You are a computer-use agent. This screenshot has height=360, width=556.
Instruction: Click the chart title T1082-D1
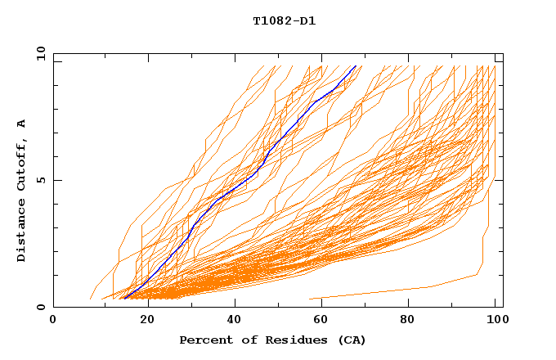(284, 21)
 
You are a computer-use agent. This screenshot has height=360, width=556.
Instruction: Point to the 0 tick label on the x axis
(53, 320)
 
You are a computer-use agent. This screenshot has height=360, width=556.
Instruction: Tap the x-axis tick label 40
(235, 320)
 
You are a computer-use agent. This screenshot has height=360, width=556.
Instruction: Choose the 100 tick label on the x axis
(496, 320)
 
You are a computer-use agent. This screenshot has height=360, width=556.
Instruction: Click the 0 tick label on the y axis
(41, 307)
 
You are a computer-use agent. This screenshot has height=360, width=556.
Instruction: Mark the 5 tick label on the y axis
(41, 180)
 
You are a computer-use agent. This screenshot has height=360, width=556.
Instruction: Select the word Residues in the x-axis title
(289, 340)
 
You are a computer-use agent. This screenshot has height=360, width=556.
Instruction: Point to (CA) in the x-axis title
(351, 340)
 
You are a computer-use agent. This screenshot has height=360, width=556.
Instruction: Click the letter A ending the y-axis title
(22, 124)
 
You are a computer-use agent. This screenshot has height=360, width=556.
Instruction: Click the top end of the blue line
(355, 66)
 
